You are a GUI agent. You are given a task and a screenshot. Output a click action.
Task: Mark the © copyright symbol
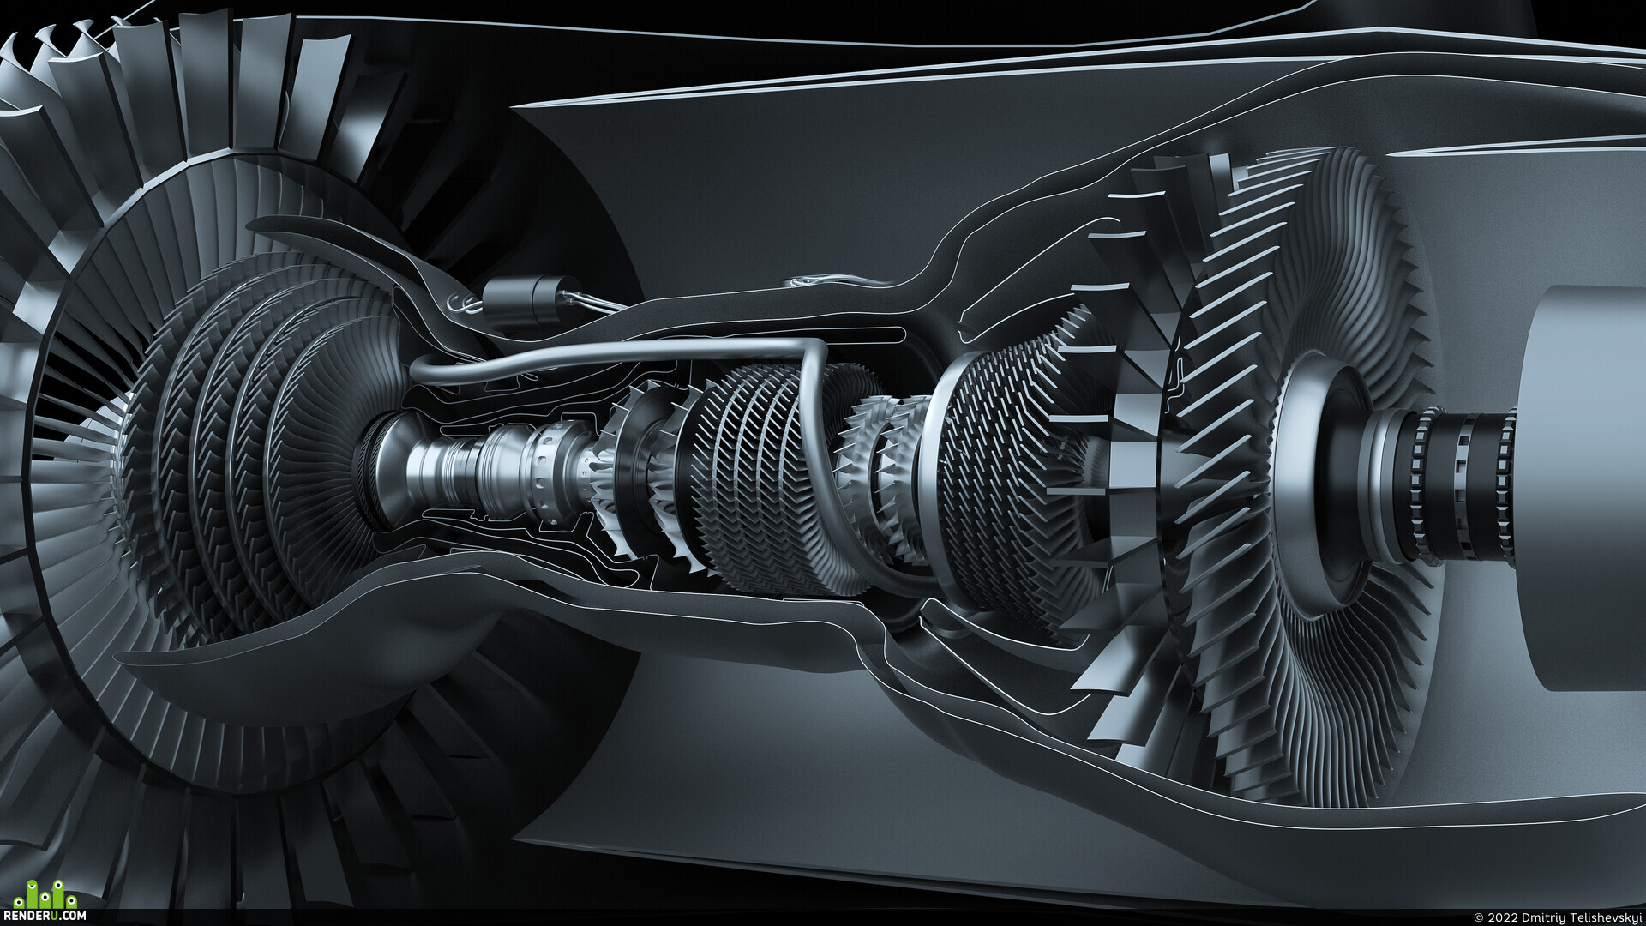pyautogui.click(x=1478, y=917)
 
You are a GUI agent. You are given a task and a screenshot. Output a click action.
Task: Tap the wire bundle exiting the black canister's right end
pyautogui.click(x=592, y=301)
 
